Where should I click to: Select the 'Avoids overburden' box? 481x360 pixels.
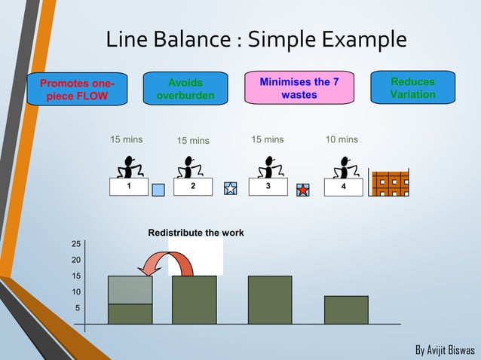coord(185,89)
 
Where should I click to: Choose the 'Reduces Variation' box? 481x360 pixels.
coord(412,87)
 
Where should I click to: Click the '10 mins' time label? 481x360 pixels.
coord(342,140)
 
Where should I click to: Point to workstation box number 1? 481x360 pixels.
coord(128,187)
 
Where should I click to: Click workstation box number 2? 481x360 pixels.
coord(193,187)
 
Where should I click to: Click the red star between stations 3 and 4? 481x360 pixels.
coord(302,190)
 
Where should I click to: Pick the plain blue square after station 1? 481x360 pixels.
coord(158,190)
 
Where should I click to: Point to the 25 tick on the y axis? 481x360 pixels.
coord(76,244)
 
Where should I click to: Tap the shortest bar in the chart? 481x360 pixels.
coord(346,310)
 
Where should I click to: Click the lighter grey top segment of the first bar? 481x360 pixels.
coord(130,289)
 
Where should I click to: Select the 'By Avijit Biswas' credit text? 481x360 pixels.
coord(445,350)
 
